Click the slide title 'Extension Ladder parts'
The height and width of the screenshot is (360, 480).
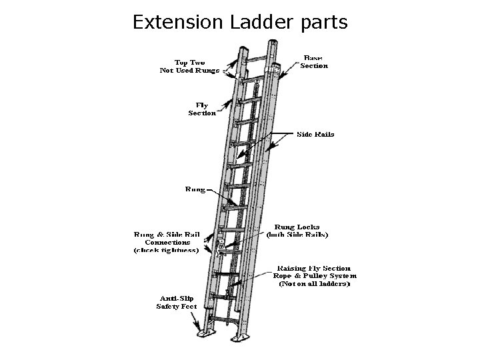point(240,22)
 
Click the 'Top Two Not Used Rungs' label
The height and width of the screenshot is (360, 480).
point(190,66)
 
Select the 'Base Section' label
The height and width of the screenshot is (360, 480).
point(314,62)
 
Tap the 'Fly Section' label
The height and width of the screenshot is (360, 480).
point(202,109)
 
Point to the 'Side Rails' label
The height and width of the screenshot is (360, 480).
point(315,134)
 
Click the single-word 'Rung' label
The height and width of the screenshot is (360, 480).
point(195,189)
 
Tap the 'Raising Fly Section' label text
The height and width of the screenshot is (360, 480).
point(315,268)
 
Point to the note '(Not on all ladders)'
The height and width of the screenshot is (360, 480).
point(315,283)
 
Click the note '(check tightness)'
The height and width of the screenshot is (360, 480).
point(166,251)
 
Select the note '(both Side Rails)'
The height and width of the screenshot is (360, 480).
point(297,234)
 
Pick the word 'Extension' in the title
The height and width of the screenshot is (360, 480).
point(177,22)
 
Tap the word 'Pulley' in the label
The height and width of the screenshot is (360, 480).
point(313,275)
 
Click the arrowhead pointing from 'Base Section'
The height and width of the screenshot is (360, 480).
point(283,71)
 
